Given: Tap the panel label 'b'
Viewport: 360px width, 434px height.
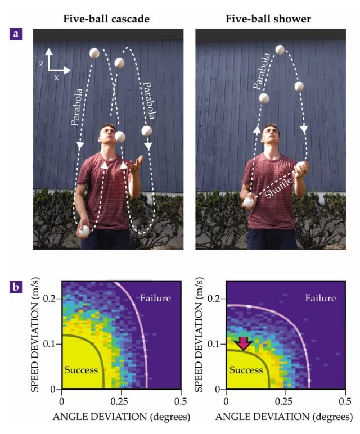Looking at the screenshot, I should click(19, 291).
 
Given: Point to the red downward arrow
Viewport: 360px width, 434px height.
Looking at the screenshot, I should click(243, 342).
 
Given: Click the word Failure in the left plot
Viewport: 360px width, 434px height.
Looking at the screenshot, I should click(155, 298).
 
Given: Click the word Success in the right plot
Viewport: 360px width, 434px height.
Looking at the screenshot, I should click(246, 370).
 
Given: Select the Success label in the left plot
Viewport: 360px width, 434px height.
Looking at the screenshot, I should click(81, 370).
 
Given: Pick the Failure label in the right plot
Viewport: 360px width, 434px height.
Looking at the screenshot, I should click(321, 298).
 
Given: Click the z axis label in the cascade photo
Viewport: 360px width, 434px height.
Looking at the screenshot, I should click(42, 64).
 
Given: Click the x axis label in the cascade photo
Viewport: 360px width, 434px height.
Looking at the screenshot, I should click(57, 78).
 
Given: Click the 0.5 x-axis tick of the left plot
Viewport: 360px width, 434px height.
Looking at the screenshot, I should click(180, 401).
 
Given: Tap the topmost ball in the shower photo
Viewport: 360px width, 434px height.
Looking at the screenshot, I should click(280, 50).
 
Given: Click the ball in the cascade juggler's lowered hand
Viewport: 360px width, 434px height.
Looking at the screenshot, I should click(85, 230).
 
